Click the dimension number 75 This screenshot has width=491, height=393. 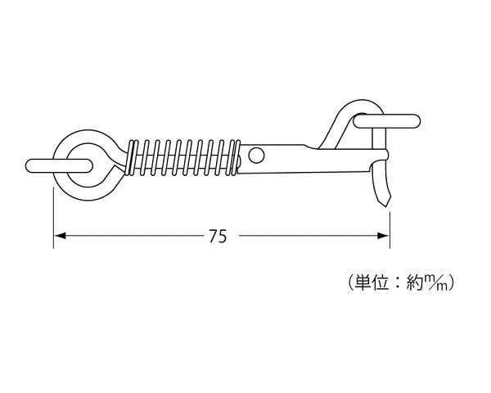218,237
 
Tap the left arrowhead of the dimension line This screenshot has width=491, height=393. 60,236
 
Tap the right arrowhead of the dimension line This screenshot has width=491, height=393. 384,236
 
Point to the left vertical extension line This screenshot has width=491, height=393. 53,218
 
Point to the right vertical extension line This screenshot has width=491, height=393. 390,230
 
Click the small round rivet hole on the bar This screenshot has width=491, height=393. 256,155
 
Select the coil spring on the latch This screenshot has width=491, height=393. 183,157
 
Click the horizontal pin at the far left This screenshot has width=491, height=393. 59,165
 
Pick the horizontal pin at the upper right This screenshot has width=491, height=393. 386,121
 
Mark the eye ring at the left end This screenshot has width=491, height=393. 60,182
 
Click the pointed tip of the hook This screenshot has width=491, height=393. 387,206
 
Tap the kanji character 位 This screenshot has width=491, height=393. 381,282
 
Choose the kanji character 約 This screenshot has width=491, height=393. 415,282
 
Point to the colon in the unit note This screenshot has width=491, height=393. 398,283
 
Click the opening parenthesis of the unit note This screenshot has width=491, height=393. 351,282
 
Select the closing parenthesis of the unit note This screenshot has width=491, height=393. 451,282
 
